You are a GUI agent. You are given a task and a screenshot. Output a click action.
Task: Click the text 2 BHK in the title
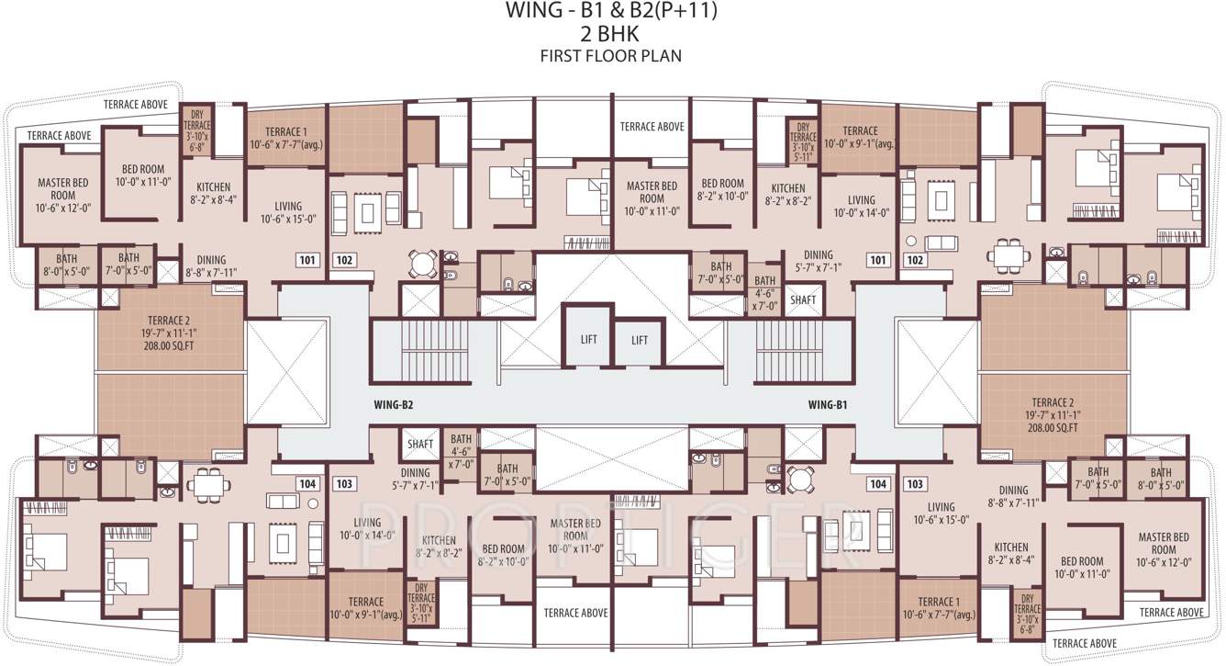click(x=612, y=35)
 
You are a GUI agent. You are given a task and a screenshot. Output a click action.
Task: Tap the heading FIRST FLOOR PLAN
click(x=612, y=55)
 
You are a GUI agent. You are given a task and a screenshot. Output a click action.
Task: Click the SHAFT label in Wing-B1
click(x=802, y=299)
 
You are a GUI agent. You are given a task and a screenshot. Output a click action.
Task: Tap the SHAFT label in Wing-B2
click(x=420, y=445)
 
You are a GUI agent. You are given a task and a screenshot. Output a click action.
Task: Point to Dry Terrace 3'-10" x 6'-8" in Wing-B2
click(x=197, y=130)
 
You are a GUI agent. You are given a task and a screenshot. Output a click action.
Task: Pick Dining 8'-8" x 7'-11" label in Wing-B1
click(x=1013, y=496)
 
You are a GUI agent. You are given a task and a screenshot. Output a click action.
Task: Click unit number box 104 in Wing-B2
click(x=306, y=483)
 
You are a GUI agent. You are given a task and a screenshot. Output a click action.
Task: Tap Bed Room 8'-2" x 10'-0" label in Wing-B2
click(x=502, y=555)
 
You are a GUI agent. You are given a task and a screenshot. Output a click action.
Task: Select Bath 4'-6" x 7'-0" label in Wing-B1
click(x=764, y=293)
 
